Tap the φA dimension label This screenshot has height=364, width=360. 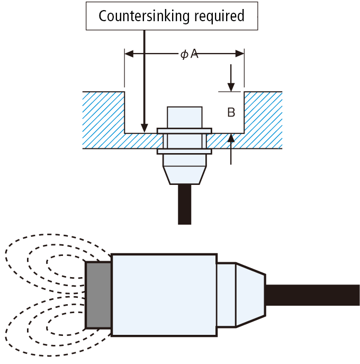(x=188, y=54)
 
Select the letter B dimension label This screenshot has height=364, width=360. (x=231, y=113)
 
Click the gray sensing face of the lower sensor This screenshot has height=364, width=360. (x=98, y=295)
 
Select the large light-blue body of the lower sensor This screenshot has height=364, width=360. (x=164, y=295)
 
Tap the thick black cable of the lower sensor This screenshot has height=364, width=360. (x=312, y=295)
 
